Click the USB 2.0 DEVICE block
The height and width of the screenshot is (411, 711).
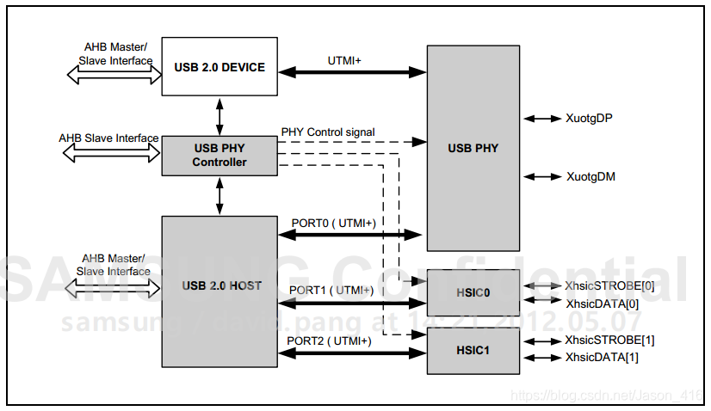click(x=219, y=67)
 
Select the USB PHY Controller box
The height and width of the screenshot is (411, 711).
click(x=219, y=155)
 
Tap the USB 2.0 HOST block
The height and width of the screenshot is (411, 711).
click(x=219, y=285)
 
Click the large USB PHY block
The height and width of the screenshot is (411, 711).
click(x=473, y=148)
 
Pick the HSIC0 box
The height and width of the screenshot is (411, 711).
click(x=473, y=292)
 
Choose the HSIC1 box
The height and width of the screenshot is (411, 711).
click(x=473, y=350)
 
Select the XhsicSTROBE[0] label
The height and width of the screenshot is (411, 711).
click(x=609, y=285)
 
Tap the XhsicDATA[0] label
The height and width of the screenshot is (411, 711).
click(x=602, y=303)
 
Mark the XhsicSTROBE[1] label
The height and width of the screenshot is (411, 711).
click(x=609, y=340)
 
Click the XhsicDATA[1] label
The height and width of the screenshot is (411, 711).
click(x=602, y=357)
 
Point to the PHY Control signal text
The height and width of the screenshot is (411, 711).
click(x=328, y=132)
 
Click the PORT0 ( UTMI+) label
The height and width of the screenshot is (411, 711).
click(x=332, y=222)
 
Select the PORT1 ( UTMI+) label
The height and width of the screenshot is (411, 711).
click(x=331, y=290)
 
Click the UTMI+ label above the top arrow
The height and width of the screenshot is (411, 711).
click(x=344, y=60)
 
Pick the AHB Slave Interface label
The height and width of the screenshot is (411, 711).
click(x=108, y=138)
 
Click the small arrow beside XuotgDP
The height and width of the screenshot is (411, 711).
click(x=541, y=118)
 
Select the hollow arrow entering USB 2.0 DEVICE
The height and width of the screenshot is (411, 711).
click(x=114, y=76)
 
